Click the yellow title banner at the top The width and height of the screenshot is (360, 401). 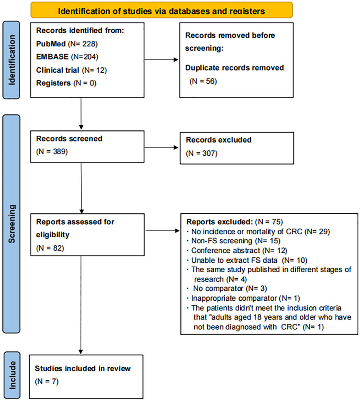pos(161,10)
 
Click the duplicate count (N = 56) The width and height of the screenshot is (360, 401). pos(204,81)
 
